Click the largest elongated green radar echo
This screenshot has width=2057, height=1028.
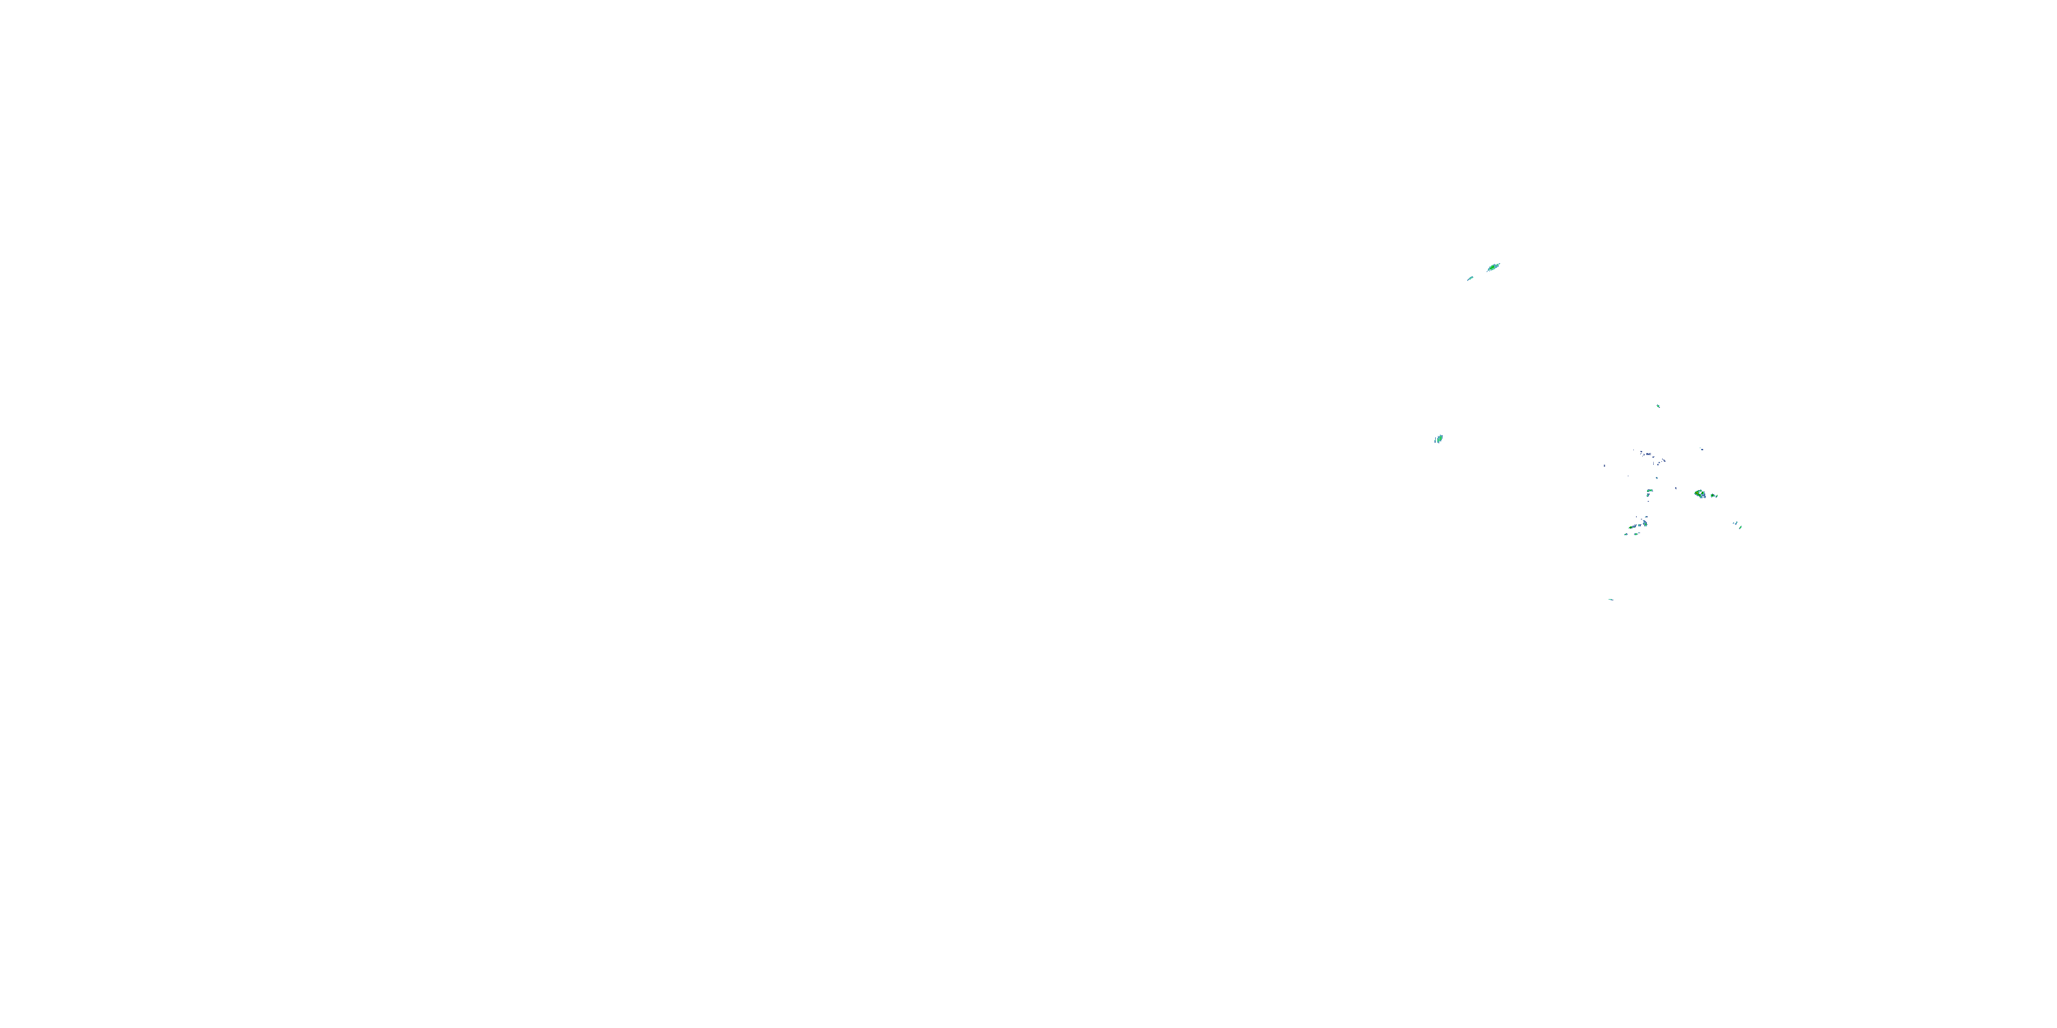pos(1493,267)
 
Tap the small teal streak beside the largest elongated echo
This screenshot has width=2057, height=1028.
pos(1471,278)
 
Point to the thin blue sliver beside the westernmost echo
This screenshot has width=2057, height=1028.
pos(1436,440)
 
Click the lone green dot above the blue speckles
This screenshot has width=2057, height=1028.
pos(1659,406)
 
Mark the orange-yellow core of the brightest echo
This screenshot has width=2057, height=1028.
pos(1697,493)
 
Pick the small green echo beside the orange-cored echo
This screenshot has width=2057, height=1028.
pos(1713,496)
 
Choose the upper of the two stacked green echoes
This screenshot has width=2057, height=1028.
pos(1650,491)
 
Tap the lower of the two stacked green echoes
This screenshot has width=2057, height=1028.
pos(1648,495)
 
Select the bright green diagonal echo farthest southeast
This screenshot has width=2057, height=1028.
pos(1740,528)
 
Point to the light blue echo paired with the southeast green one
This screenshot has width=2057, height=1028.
pos(1735,524)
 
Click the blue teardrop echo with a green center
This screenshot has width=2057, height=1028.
pos(1645,524)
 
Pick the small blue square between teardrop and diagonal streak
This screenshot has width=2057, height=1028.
pos(1639,525)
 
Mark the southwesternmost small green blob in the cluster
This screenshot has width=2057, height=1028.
pos(1626,535)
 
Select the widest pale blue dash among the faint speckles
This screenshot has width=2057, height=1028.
pos(1649,454)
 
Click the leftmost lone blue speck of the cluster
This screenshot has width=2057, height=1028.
pos(1605,466)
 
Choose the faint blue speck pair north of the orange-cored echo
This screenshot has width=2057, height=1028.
pos(1702,450)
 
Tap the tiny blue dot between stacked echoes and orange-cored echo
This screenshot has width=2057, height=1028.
pos(1676,489)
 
